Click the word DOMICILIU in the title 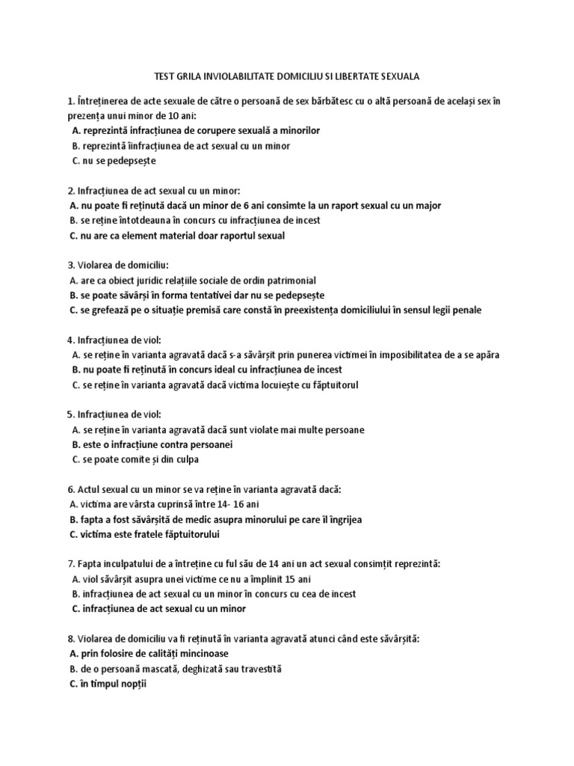(296, 76)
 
